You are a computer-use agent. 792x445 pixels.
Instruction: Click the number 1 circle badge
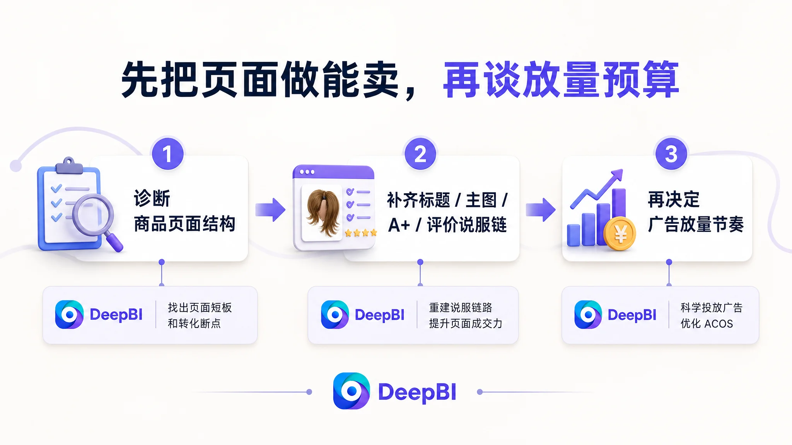(x=167, y=154)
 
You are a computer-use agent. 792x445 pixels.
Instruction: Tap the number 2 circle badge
(x=420, y=154)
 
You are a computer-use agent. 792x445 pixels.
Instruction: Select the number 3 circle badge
(x=671, y=154)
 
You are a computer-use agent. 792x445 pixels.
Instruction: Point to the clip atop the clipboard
(x=69, y=166)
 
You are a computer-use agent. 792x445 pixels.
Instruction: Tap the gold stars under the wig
(x=360, y=233)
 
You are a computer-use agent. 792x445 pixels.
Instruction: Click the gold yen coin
(x=620, y=233)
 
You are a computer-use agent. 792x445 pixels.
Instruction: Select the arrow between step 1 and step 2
(x=270, y=210)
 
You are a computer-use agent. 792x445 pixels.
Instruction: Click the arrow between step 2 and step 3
(x=541, y=210)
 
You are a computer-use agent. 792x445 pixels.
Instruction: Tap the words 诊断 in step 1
(x=152, y=199)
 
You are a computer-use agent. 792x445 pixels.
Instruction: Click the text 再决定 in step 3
(x=674, y=200)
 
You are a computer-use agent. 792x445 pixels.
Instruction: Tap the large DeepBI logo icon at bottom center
(x=352, y=391)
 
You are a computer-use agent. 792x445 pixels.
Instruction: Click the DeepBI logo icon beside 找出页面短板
(x=69, y=314)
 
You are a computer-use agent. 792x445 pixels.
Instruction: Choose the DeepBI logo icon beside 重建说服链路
(x=335, y=314)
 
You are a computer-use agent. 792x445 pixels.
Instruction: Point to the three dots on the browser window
(x=307, y=172)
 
